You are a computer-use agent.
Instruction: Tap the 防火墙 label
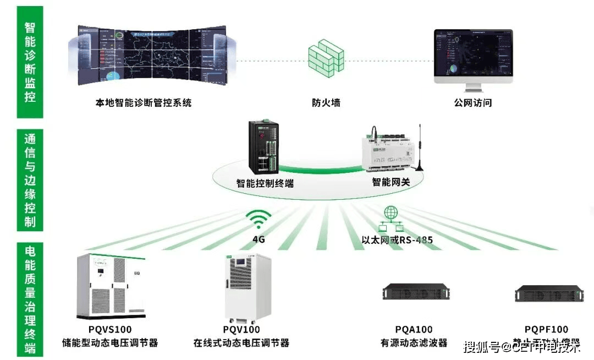coord(326,102)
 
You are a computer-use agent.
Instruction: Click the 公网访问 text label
coord(472,102)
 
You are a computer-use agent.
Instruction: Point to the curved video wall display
coord(152,54)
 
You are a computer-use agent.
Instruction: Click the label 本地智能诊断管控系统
coord(144,102)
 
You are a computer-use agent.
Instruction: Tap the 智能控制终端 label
coord(265,183)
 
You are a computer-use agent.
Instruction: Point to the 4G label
coord(258,239)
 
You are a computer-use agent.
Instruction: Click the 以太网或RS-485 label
coord(397,240)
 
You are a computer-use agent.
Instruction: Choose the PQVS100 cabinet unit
coord(111,286)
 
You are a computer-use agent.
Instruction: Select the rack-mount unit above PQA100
coord(415,292)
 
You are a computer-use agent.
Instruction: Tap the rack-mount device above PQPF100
coord(548,293)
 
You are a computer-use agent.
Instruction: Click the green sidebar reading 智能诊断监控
coord(30,62)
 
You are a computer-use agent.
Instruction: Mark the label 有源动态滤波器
coord(414,343)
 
